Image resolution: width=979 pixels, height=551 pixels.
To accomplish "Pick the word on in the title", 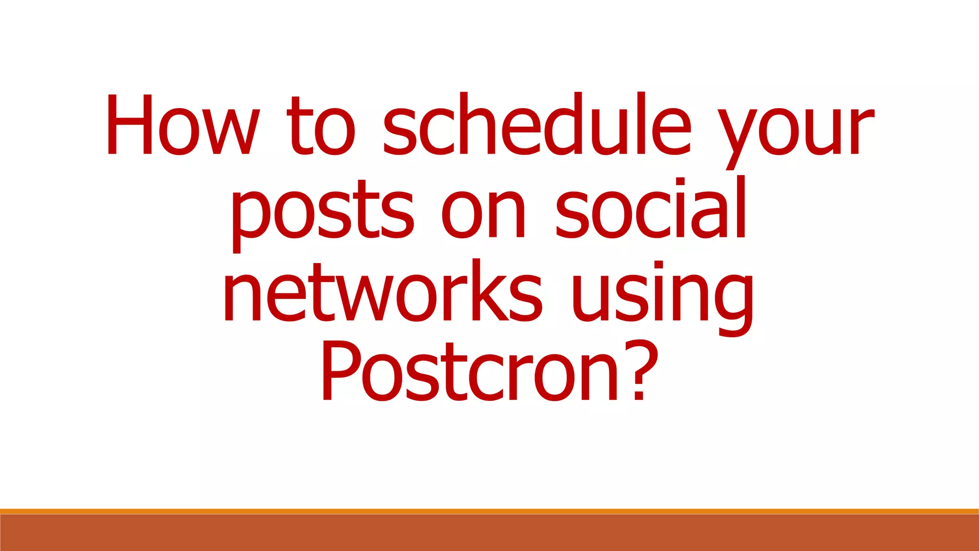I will tap(483, 215).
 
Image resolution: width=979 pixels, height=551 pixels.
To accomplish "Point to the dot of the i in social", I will tap(680, 182).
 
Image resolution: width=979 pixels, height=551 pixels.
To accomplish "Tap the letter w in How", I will tap(231, 132).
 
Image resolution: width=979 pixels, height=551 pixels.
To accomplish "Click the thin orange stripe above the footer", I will tap(489, 511).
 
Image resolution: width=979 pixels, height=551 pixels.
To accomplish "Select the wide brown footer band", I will tap(489, 533).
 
